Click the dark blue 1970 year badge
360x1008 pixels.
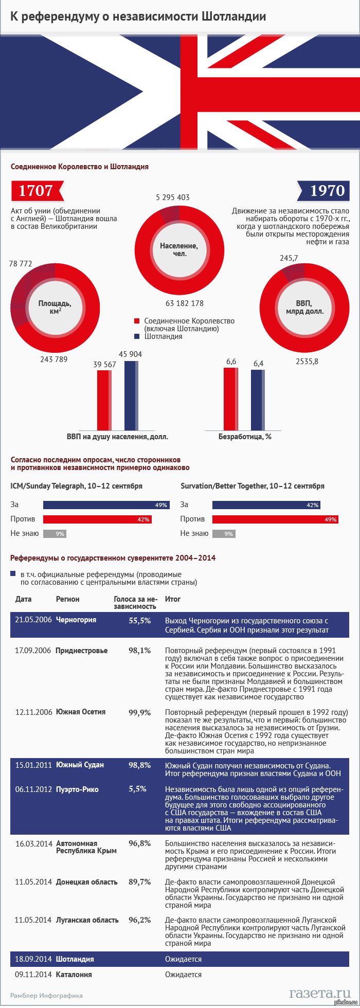pos(324,191)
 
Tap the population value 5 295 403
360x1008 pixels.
pos(173,197)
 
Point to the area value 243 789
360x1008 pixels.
pos(53,359)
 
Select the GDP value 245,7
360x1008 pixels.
pos(289,258)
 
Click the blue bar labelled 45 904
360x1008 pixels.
pos(131,395)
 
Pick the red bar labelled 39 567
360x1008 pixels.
pos(104,400)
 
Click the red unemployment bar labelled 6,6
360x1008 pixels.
pos(230,399)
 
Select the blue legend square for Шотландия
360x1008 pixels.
pos(137,336)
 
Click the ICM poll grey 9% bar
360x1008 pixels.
pos(55,534)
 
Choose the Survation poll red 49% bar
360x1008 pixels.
pos(275,519)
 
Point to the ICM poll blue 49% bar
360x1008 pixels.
pos(106,505)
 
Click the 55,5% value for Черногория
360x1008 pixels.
pos(139,621)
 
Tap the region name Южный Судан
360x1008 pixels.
pos(80,765)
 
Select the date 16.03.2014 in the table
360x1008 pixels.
pos(33,843)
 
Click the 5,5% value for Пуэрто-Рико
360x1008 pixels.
pos(137,789)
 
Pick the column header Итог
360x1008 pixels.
pos(172,599)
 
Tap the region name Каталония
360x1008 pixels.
pos(74,974)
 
